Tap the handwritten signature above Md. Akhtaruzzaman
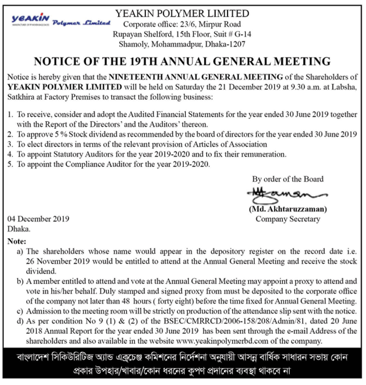286,195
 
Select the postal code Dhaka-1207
225,44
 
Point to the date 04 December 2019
38,219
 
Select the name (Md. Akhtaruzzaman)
288,209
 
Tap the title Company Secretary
288,219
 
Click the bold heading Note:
17,241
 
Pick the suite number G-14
243,34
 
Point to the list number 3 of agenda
10,144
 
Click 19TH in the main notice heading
143,61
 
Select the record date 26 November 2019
58,261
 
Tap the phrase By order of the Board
288,179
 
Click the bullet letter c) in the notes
20,311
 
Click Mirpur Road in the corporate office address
220,24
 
